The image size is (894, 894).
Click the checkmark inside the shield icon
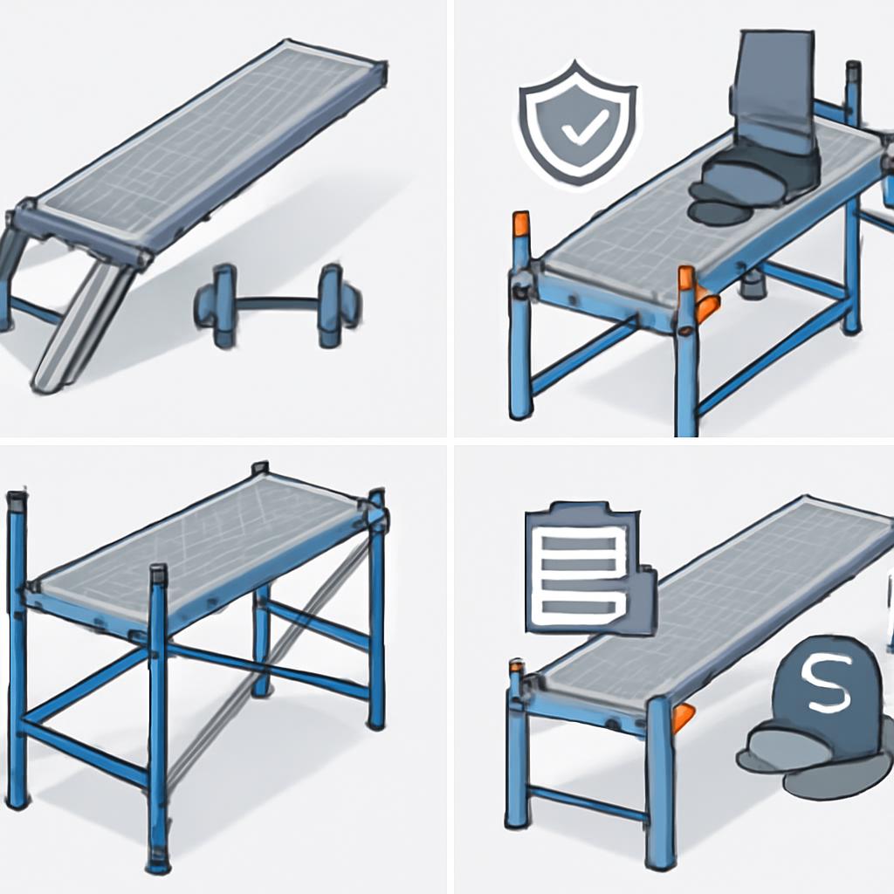tap(576, 131)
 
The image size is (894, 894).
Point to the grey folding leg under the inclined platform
tap(83, 323)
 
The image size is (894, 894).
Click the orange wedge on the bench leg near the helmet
tap(683, 716)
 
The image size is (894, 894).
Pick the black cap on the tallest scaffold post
tap(17, 503)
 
